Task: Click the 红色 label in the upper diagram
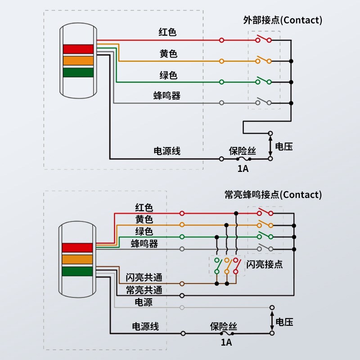[167, 32]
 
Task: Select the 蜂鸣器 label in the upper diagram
[167, 95]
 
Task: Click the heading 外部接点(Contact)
[283, 20]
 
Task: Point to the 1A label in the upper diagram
[243, 169]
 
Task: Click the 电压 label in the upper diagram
[284, 147]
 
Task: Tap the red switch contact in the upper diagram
[264, 39]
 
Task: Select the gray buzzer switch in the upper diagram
[264, 102]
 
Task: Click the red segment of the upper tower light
[78, 49]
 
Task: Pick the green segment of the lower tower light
[77, 272]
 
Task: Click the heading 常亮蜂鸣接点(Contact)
[273, 195]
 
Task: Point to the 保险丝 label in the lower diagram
[224, 327]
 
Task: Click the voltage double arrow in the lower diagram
[272, 320]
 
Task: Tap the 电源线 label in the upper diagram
[167, 151]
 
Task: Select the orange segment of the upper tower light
[78, 60]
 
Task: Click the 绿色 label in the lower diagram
[144, 232]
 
